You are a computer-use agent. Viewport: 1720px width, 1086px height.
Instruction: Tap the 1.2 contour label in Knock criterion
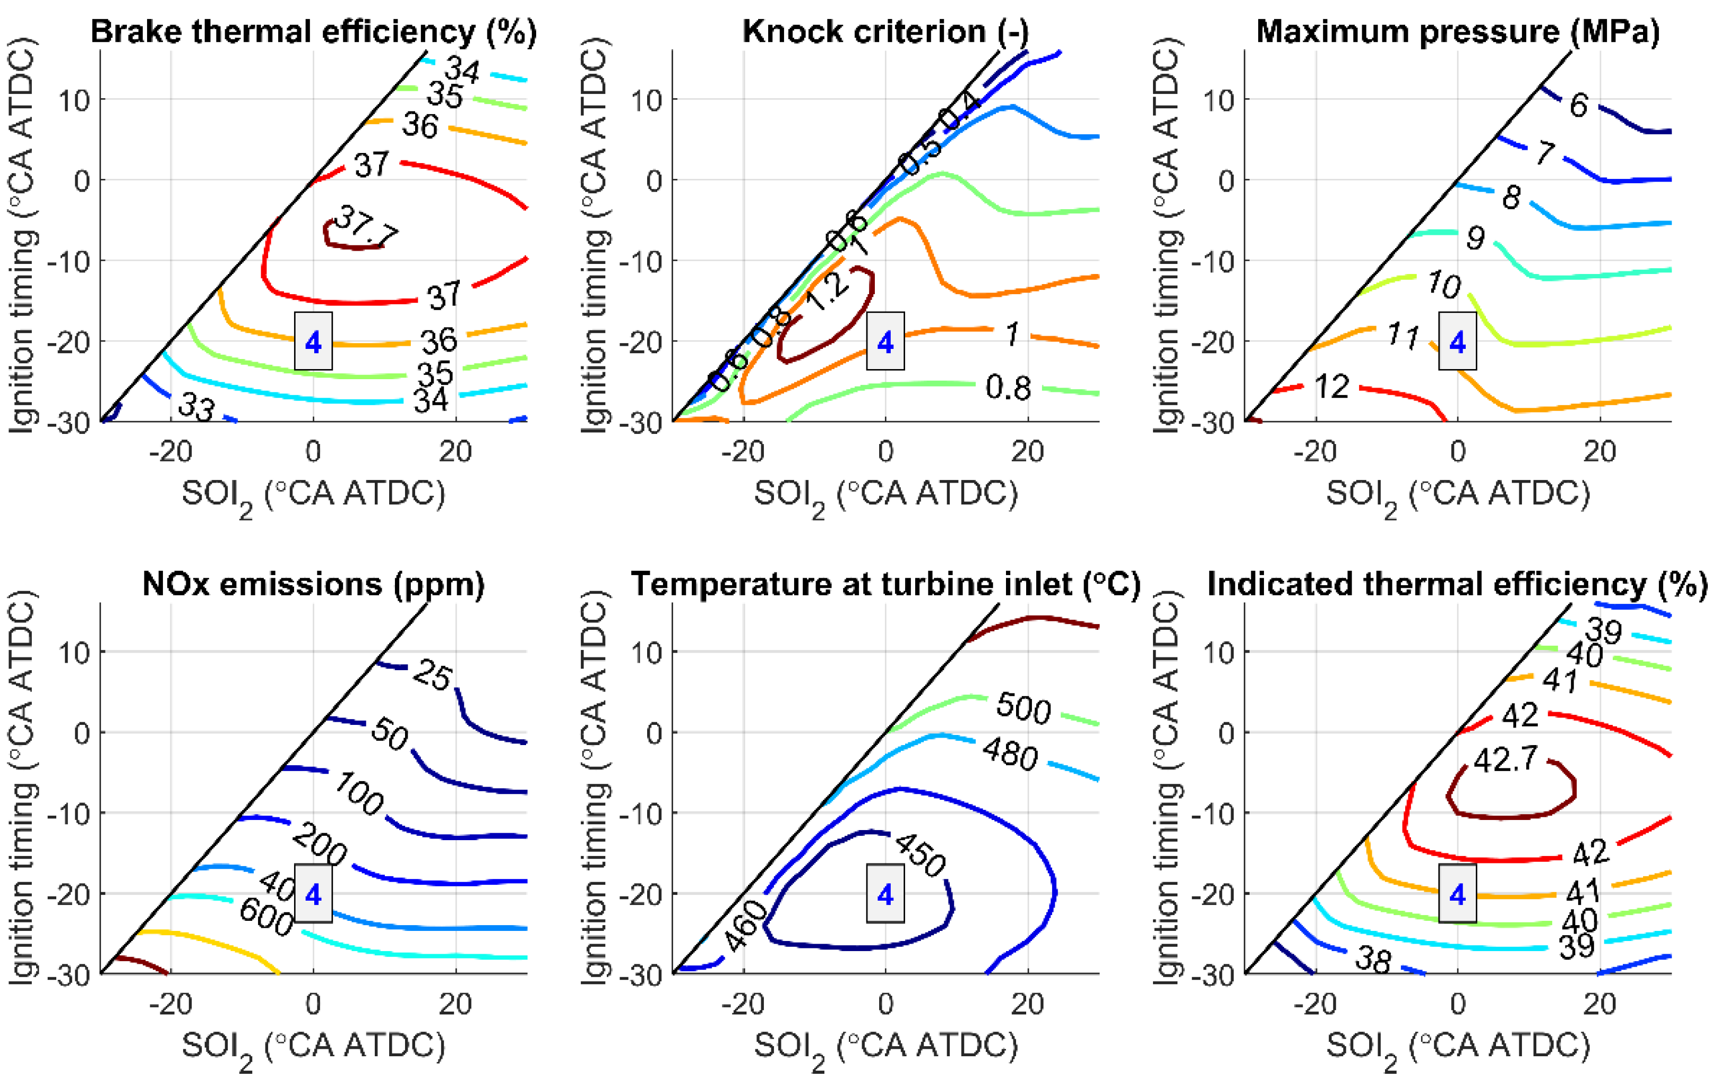tap(827, 291)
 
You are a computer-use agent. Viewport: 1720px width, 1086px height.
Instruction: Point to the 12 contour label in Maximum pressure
tap(1331, 387)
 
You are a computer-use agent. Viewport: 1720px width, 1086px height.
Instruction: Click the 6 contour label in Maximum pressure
tap(1579, 106)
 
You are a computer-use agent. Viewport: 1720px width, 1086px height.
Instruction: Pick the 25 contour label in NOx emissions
tap(432, 675)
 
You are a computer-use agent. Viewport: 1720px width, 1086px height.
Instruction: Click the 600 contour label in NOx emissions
tap(266, 917)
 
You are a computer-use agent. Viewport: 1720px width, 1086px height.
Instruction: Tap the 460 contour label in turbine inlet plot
tap(747, 925)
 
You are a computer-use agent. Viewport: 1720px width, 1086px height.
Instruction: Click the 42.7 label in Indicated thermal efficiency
tap(1506, 759)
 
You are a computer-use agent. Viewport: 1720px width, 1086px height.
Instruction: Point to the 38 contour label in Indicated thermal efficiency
tap(1373, 960)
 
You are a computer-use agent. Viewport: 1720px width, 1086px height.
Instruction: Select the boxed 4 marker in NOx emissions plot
tap(313, 894)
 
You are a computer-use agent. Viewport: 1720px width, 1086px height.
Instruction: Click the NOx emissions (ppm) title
tap(313, 585)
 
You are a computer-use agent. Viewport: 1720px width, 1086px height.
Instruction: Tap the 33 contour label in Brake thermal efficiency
tap(196, 408)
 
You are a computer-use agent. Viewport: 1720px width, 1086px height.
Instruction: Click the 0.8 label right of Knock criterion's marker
tap(1008, 388)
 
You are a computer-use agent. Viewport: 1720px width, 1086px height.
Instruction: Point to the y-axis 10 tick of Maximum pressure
tap(1219, 100)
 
